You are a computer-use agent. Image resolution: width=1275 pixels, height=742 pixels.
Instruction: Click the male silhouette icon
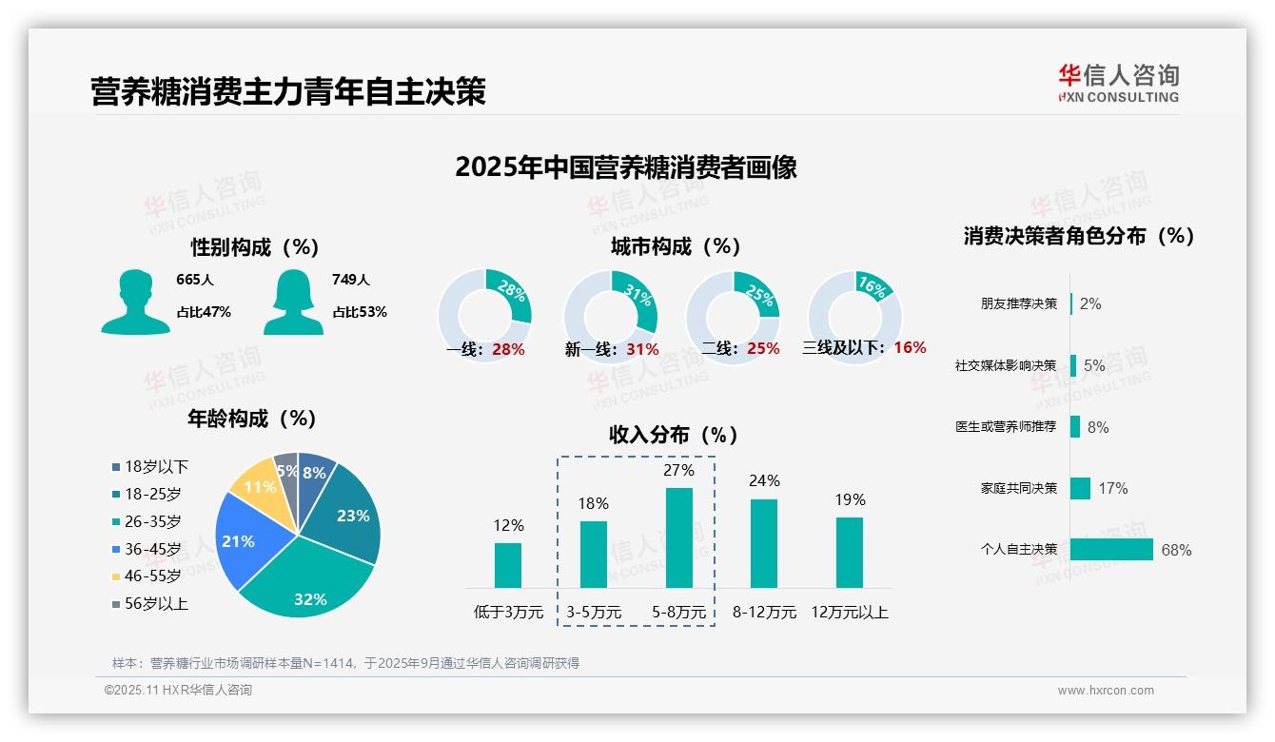point(135,303)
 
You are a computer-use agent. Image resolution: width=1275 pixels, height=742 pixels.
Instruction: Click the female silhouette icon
point(293,303)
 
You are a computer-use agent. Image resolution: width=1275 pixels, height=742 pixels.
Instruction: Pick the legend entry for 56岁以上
point(150,604)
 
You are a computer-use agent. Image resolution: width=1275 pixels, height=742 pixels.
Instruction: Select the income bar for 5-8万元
point(678,538)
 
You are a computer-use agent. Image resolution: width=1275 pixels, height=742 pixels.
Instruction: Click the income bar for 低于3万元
point(508,565)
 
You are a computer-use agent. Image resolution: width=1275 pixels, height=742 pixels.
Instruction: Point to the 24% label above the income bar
point(764,481)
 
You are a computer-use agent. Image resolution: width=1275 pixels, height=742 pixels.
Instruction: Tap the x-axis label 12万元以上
point(850,613)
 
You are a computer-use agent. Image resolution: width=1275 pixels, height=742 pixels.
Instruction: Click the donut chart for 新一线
point(610,315)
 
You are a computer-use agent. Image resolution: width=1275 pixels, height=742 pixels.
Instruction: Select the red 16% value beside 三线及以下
point(910,347)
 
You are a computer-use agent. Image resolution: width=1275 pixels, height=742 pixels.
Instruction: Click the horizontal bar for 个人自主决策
point(1111,550)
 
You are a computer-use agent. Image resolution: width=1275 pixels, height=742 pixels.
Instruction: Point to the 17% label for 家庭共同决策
point(1113,488)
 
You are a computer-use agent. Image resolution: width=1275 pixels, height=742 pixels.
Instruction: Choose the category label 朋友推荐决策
point(1018,304)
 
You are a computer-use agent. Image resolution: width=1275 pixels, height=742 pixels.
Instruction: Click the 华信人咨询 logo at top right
point(1119,83)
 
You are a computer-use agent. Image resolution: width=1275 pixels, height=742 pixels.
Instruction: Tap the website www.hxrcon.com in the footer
point(1106,691)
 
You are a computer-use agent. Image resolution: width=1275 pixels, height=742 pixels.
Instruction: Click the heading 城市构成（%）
point(676,246)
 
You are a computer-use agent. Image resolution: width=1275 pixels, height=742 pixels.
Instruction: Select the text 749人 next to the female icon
point(351,280)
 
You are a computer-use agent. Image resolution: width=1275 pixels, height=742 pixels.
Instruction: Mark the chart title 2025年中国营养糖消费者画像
point(625,167)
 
